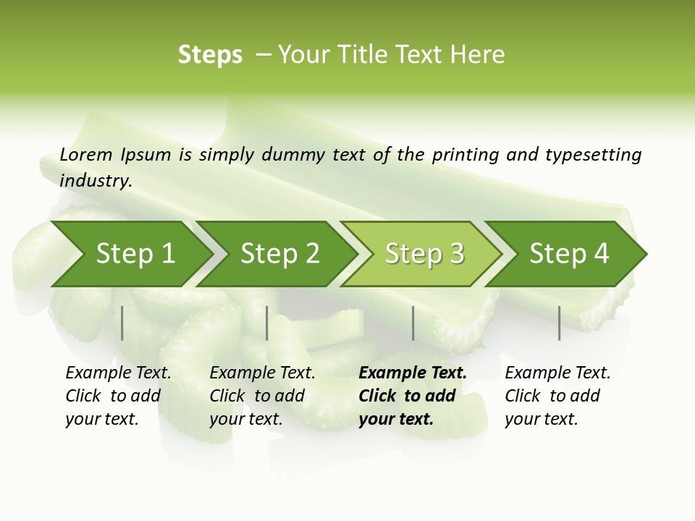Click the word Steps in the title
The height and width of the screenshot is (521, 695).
coord(210,54)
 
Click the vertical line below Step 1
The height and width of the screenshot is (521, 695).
coord(122,323)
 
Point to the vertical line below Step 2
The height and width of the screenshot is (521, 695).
coord(267,323)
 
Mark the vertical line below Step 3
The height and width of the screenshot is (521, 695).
coord(413,323)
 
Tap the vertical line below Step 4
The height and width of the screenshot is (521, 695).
coord(559,323)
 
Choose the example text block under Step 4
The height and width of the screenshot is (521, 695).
coord(557,396)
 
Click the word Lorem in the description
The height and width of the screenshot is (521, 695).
coord(86,154)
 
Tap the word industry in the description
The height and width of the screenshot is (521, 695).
coord(96,180)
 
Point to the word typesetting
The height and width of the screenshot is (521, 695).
coord(593,155)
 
